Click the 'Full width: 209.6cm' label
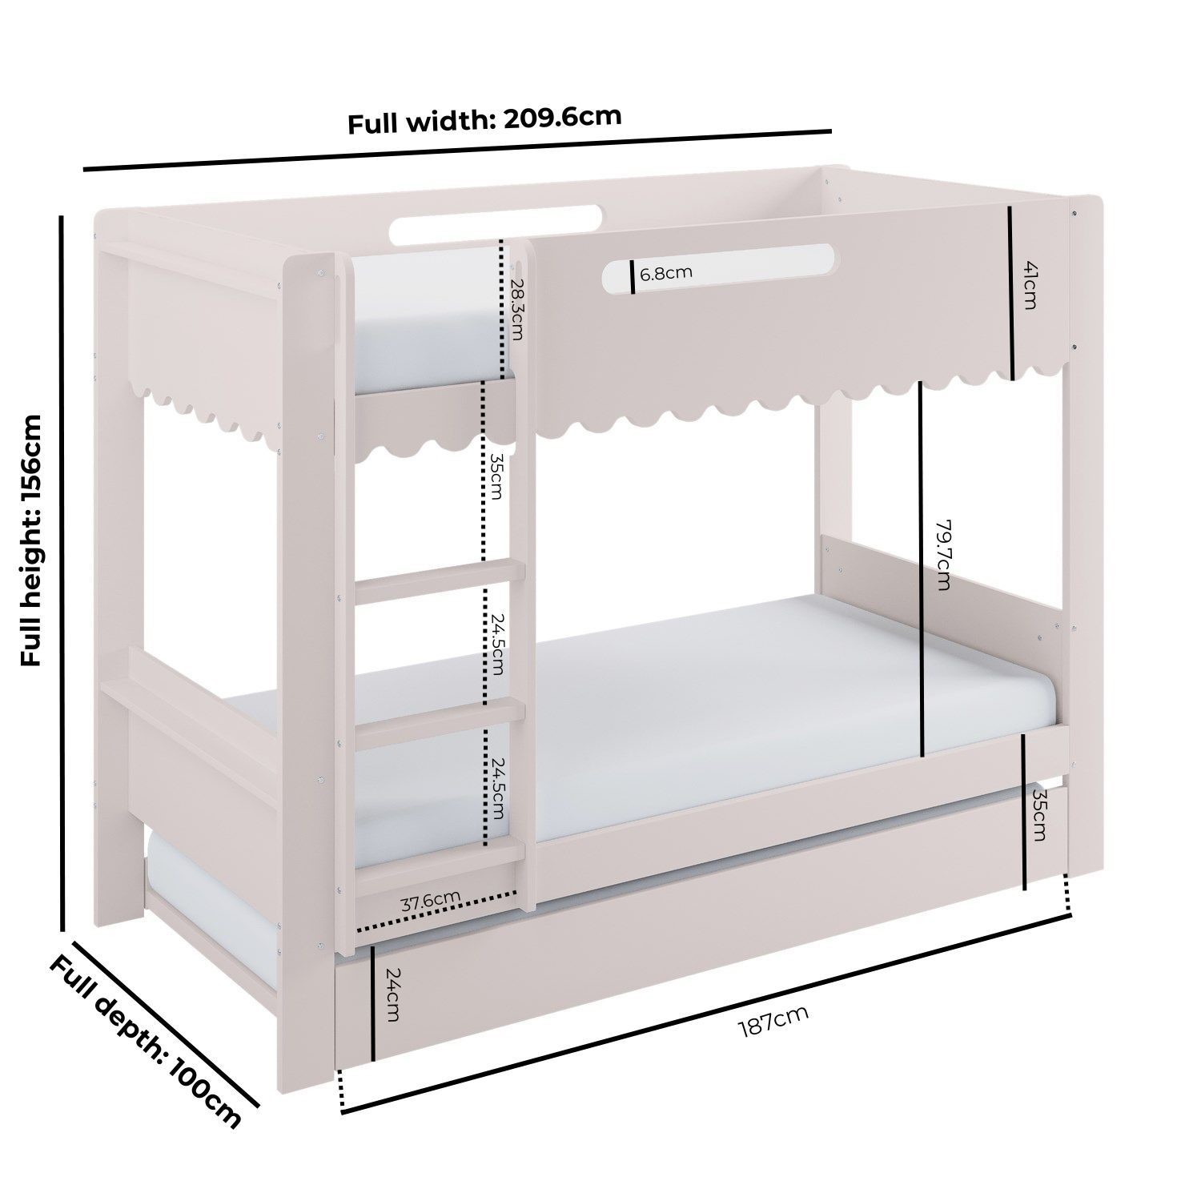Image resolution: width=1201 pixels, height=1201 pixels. click(x=484, y=120)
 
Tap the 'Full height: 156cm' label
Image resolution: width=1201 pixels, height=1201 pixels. click(x=32, y=540)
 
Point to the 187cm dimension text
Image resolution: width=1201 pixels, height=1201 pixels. click(x=772, y=1020)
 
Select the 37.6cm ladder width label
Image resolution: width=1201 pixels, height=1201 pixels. click(x=430, y=902)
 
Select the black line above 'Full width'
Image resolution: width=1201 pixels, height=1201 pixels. click(x=456, y=150)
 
